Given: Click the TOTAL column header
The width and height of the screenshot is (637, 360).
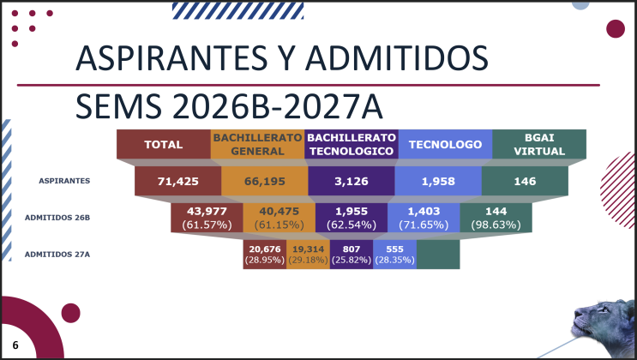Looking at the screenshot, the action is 163,144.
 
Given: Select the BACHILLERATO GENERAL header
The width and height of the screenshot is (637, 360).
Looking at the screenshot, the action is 257,144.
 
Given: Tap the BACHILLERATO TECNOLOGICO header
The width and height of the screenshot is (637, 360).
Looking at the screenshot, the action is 352,144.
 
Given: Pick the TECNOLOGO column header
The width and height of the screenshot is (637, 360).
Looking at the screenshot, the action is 445,144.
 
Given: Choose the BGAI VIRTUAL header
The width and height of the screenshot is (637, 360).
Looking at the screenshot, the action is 539,144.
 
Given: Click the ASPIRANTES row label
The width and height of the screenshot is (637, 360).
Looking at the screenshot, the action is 64,181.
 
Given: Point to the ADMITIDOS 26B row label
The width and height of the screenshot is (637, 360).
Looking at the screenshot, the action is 57,218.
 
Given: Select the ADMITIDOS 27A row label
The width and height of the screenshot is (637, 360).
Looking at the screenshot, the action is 57,255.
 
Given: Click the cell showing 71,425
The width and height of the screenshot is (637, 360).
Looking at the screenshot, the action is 178,181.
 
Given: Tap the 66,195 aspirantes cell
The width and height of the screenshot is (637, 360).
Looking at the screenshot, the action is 265,181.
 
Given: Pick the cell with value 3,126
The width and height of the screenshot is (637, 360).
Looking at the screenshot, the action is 352,181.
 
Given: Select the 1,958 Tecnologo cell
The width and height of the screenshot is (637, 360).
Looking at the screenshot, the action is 438,181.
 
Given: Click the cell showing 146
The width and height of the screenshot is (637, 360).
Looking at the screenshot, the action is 525,181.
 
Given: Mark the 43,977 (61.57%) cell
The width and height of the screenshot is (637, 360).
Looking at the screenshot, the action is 207,218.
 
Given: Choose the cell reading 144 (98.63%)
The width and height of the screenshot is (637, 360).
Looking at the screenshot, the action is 496,218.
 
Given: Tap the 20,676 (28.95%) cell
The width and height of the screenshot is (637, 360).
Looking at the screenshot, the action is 265,255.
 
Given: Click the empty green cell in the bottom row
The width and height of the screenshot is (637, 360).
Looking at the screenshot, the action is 438,255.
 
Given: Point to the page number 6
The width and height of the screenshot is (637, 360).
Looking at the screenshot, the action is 15,345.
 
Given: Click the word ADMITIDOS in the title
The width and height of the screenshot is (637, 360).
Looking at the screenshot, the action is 396,58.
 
